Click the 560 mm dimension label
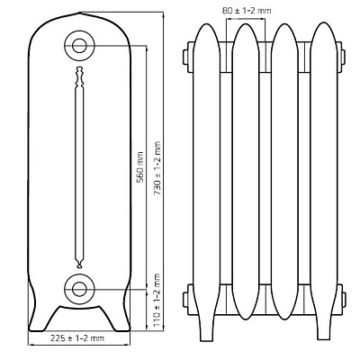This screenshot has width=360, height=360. coord(139,167)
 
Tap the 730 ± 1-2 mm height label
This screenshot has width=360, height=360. coord(157,168)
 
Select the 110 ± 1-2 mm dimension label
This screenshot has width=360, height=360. coord(157,300)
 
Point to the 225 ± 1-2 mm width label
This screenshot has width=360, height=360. coord(77,338)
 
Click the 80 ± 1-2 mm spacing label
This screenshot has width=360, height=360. coord(247,11)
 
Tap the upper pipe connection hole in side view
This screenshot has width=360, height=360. coord(79,46)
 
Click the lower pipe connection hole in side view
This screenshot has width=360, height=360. coord(79,289)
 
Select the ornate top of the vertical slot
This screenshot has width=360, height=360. coord(79,77)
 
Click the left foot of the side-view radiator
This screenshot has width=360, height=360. coord(38,315)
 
